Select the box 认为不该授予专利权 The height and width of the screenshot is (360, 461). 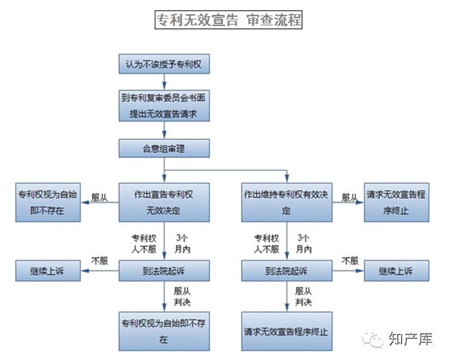[x=164, y=64]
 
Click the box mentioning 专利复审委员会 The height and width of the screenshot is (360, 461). [x=164, y=106]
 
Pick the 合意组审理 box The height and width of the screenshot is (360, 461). [x=164, y=148]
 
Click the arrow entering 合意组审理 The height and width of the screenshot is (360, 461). [x=164, y=131]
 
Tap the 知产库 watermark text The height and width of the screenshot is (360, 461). [x=410, y=340]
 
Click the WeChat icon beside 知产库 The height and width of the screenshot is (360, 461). [x=374, y=339]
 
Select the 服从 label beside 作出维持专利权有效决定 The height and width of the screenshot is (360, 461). [x=349, y=197]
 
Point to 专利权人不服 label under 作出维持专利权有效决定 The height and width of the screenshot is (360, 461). [x=267, y=243]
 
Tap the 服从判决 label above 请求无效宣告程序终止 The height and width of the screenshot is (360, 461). [x=304, y=297]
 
